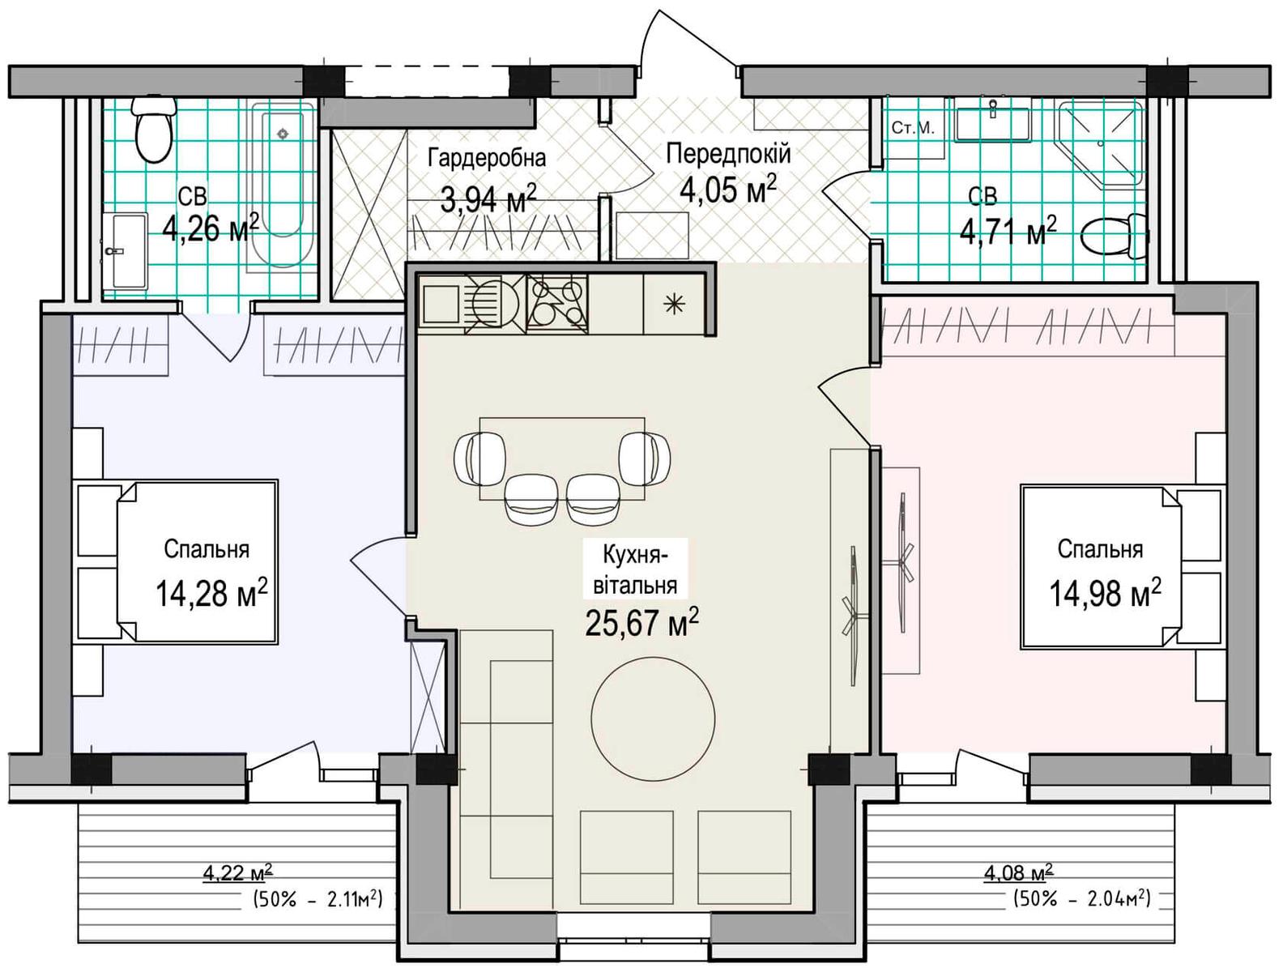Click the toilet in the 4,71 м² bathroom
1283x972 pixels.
(1115, 237)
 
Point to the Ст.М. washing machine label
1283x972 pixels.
(913, 128)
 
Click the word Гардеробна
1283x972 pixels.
(487, 158)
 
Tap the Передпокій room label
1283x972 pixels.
(728, 154)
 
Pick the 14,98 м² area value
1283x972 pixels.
(1106, 593)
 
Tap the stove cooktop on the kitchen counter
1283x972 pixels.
(557, 304)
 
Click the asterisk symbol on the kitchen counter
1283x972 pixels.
(675, 304)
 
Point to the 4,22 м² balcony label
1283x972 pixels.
(237, 874)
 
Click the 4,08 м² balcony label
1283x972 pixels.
(1018, 874)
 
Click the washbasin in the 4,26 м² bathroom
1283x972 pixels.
(124, 251)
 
